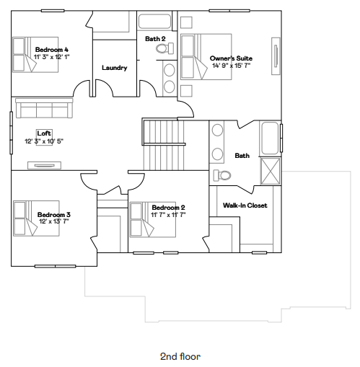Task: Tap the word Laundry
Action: coord(114,68)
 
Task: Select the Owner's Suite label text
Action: coord(231,58)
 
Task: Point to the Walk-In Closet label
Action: coord(245,205)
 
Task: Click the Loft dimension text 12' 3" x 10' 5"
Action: coord(44,141)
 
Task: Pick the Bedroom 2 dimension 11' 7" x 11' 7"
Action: coord(169,214)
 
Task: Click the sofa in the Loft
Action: coord(43,109)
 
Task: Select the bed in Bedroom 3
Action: coord(25,218)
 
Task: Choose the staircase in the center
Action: coord(162,143)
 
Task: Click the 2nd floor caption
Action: coord(180,356)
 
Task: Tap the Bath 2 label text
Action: coord(155,38)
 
